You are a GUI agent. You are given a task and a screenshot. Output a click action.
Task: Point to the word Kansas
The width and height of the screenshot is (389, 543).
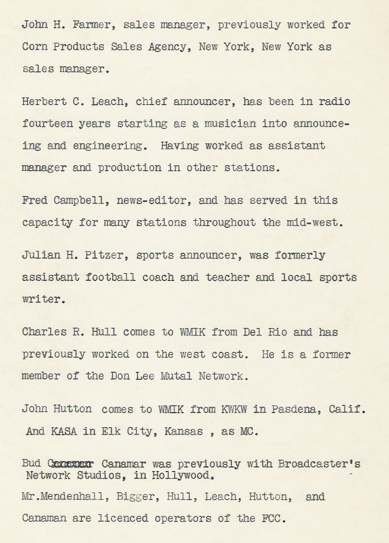point(184,431)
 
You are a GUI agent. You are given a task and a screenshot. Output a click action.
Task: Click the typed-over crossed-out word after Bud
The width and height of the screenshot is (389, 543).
point(68,464)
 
